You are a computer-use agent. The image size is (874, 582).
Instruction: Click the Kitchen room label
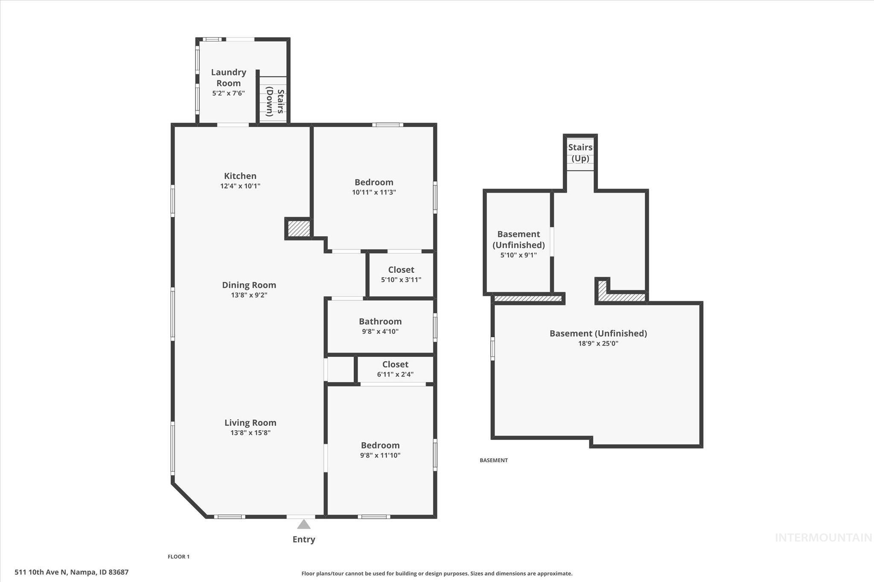click(x=240, y=176)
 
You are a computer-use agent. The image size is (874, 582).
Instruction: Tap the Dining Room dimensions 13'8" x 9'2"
click(x=249, y=295)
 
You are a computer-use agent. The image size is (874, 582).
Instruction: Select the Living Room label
click(x=251, y=423)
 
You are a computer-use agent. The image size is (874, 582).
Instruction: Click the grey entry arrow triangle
click(x=303, y=524)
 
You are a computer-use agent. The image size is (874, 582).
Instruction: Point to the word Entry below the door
click(x=303, y=539)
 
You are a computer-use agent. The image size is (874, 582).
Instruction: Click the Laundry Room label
click(x=228, y=78)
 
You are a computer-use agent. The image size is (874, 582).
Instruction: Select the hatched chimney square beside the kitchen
click(x=298, y=229)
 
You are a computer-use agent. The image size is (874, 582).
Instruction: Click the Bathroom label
click(x=380, y=321)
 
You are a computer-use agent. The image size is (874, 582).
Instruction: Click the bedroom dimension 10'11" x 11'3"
click(x=374, y=192)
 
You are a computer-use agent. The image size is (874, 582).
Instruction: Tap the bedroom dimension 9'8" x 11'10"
click(x=380, y=455)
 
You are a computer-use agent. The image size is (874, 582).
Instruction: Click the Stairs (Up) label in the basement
click(x=580, y=153)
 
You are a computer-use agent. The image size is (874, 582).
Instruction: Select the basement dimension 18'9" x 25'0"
click(x=598, y=343)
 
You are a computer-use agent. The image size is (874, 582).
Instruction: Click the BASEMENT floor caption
click(x=493, y=460)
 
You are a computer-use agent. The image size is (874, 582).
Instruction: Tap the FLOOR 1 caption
click(x=178, y=556)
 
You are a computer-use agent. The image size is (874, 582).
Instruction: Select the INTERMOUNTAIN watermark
click(x=823, y=538)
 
